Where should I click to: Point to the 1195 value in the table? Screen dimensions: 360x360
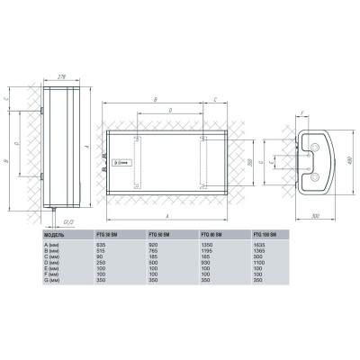pos(210,251)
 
